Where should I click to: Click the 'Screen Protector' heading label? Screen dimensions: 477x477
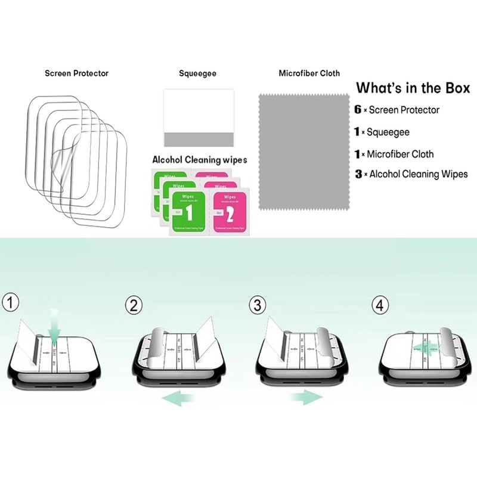[76, 73]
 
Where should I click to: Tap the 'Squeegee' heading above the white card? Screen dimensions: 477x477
[197, 73]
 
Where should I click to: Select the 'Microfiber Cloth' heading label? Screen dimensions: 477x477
[309, 73]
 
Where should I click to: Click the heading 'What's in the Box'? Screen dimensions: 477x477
[413, 88]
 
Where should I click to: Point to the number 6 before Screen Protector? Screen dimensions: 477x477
[358, 110]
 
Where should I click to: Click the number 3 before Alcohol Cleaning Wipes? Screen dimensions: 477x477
[358, 174]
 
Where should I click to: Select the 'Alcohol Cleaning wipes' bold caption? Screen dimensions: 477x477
[199, 160]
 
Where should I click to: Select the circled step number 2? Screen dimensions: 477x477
[134, 306]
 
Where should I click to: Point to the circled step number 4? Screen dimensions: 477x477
[380, 306]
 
